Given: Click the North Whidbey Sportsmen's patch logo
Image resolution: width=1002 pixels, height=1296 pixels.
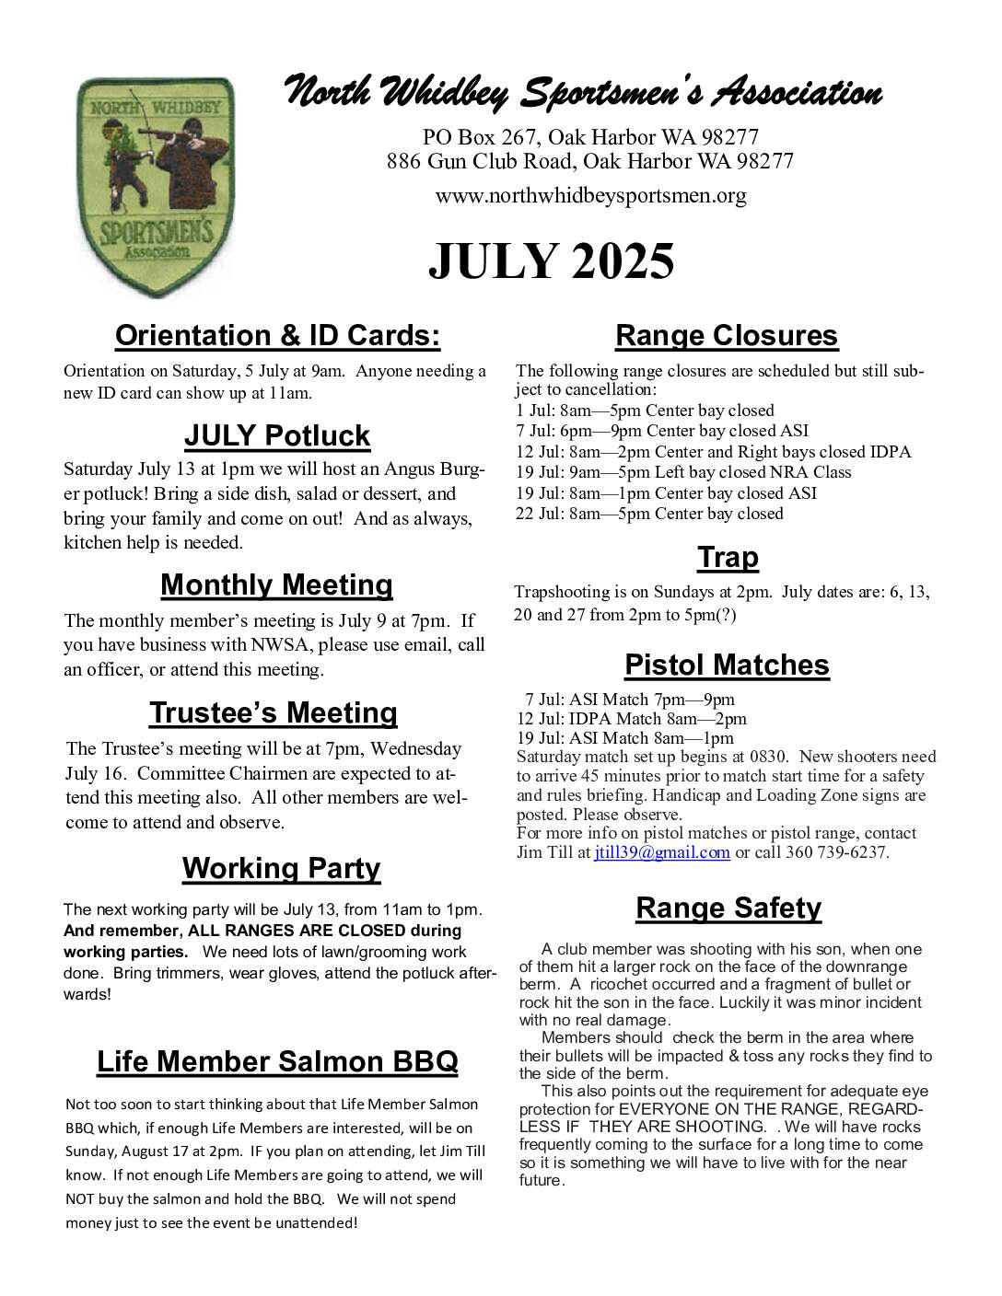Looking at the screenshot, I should (156, 187).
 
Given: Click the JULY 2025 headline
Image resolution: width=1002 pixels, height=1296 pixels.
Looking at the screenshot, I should (551, 262).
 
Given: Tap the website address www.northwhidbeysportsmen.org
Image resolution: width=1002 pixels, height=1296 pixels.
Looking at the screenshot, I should (590, 196).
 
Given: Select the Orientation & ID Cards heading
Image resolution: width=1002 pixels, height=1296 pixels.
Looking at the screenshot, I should (277, 336).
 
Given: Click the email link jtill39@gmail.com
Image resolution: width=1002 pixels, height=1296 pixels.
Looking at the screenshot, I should (662, 853).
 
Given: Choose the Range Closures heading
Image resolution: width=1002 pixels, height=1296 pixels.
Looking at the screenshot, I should (726, 336).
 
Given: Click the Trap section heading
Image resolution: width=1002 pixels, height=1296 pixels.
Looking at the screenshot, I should (728, 557).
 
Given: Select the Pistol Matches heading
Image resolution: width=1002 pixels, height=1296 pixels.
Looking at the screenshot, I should (727, 665).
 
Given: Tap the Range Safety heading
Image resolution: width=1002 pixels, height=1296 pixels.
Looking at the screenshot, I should (728, 908).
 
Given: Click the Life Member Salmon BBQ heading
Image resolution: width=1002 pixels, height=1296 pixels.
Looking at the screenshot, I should (277, 1061).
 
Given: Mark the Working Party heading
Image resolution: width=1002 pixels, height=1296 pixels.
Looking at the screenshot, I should (281, 868).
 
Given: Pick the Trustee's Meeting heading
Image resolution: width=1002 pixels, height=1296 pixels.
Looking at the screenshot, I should (274, 712).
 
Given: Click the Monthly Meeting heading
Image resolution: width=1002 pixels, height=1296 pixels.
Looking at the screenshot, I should (276, 584).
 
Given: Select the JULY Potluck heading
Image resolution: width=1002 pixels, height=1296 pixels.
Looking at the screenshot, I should (277, 435).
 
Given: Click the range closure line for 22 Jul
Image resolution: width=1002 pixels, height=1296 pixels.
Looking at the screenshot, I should (649, 514).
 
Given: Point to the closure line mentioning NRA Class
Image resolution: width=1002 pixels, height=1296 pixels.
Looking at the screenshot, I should (683, 472).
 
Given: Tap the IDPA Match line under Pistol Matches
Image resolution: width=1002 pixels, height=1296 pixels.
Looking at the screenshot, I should (632, 719).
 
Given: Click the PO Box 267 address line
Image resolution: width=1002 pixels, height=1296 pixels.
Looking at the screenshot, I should (590, 138).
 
